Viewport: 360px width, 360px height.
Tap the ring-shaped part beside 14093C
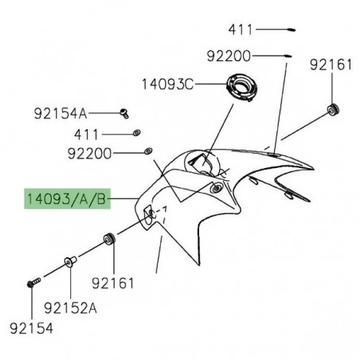point(241,87)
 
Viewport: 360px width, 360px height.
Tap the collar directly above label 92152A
point(69,263)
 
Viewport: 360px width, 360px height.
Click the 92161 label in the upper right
point(329,65)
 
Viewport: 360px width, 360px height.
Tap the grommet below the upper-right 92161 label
point(332,108)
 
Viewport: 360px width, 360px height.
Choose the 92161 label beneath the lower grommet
point(112,282)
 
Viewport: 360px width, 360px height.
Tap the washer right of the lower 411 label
point(135,131)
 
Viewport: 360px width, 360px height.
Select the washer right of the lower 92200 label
point(147,150)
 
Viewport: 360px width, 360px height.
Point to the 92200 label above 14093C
point(229,57)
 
